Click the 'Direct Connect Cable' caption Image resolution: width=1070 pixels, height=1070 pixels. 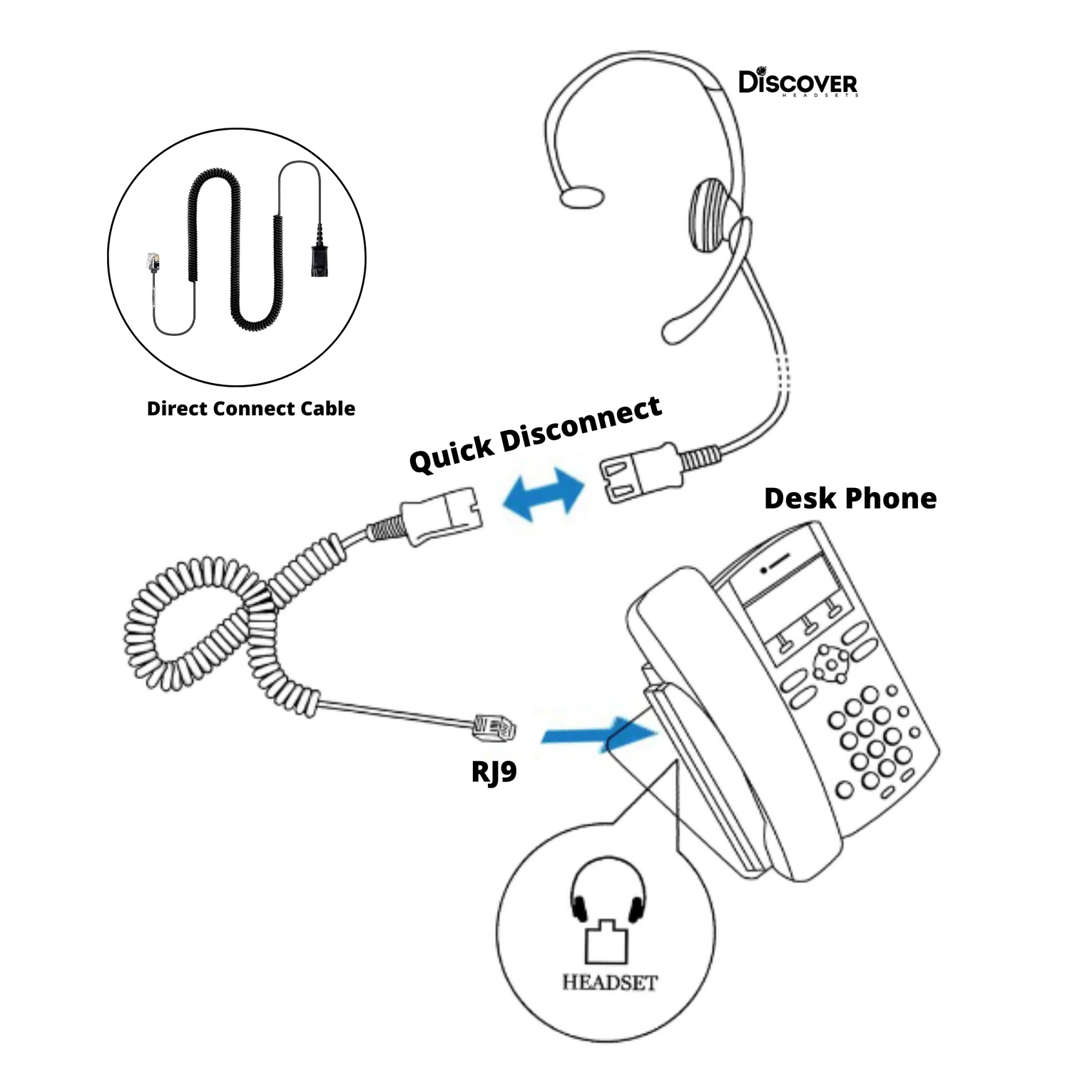tap(250, 409)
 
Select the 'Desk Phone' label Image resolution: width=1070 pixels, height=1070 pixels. tap(850, 499)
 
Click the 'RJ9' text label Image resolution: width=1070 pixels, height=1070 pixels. tap(494, 771)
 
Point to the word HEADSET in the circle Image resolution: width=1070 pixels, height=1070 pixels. tap(609, 982)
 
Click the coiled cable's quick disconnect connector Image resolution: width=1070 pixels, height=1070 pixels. tap(439, 512)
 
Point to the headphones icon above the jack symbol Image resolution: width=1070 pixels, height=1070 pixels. tap(608, 892)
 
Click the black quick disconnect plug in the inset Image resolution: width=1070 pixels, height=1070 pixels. tap(318, 257)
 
